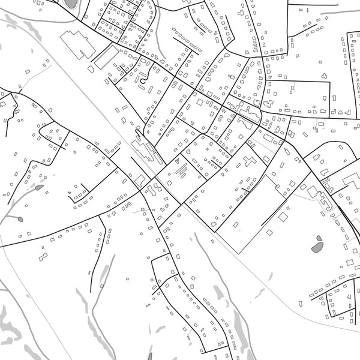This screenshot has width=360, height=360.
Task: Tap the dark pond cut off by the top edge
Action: point(71,3)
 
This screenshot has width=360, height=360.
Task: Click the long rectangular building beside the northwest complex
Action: point(107,58)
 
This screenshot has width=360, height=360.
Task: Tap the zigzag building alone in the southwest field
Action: point(43,256)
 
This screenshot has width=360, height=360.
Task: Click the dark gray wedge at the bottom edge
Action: point(149,356)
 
